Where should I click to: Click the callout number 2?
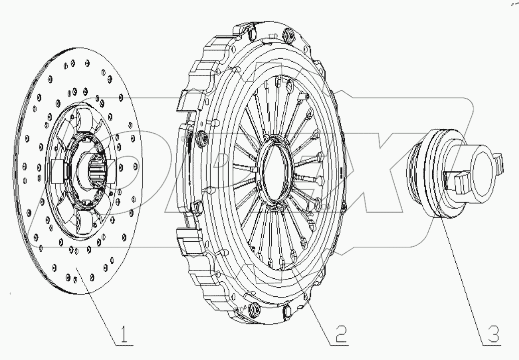339,334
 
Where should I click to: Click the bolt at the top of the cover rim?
289,35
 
